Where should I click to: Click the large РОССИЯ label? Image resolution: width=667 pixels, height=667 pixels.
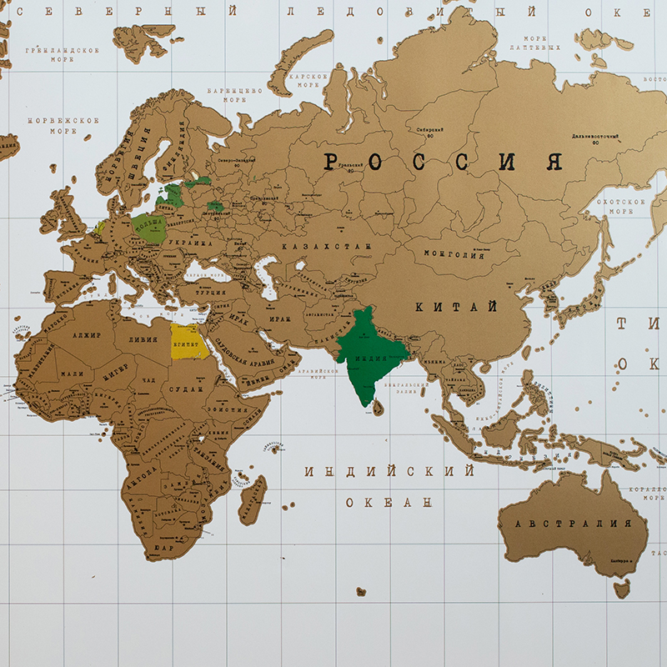point(443,162)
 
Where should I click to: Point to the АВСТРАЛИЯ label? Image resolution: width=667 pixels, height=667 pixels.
point(573,524)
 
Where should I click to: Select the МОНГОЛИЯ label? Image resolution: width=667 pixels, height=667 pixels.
point(454,255)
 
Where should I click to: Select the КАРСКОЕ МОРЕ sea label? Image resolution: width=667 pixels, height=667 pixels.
point(305,80)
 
